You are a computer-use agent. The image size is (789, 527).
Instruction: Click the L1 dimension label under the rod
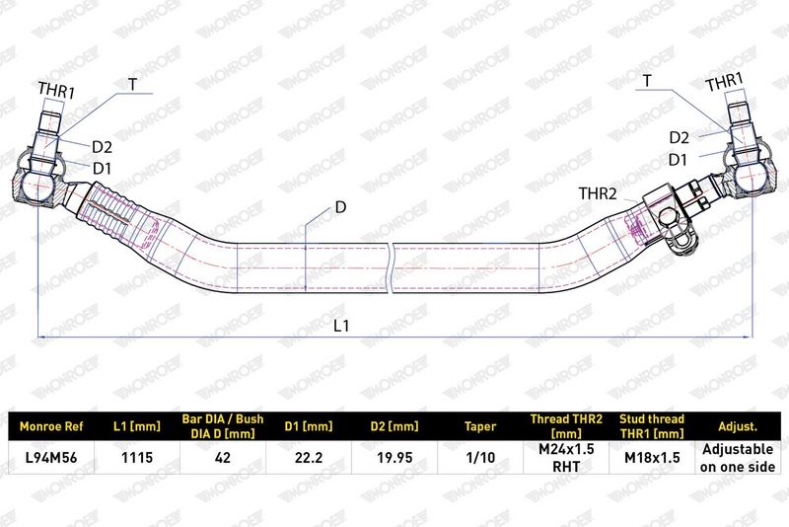tap(341, 326)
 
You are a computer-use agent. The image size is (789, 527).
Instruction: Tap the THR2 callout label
tap(598, 193)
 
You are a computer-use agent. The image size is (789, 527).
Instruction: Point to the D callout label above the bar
tap(340, 207)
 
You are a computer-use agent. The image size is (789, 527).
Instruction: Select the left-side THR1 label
tap(56, 91)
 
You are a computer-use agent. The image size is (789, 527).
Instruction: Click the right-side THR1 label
tap(724, 82)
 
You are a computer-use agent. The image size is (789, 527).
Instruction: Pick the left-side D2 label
tap(103, 147)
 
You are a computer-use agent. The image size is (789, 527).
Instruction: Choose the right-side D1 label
tap(678, 160)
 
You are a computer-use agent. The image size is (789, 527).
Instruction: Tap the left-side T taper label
tap(132, 84)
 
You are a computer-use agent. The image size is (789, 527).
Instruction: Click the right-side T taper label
tap(647, 81)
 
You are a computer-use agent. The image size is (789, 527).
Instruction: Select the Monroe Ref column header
tap(51, 427)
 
